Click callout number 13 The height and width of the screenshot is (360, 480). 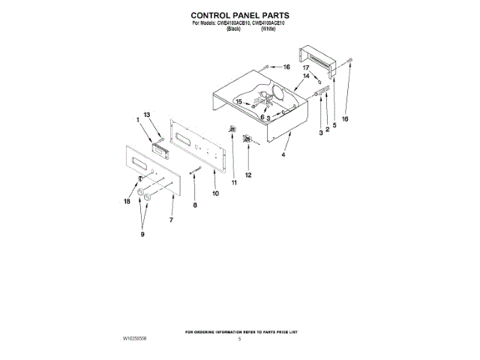pos(148,114)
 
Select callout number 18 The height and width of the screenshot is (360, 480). pos(127,201)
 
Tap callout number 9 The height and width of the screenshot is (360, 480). pos(142,235)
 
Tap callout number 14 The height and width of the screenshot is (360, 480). pos(306,76)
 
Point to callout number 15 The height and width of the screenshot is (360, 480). pos(239,101)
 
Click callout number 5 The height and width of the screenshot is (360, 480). pos(334,125)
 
